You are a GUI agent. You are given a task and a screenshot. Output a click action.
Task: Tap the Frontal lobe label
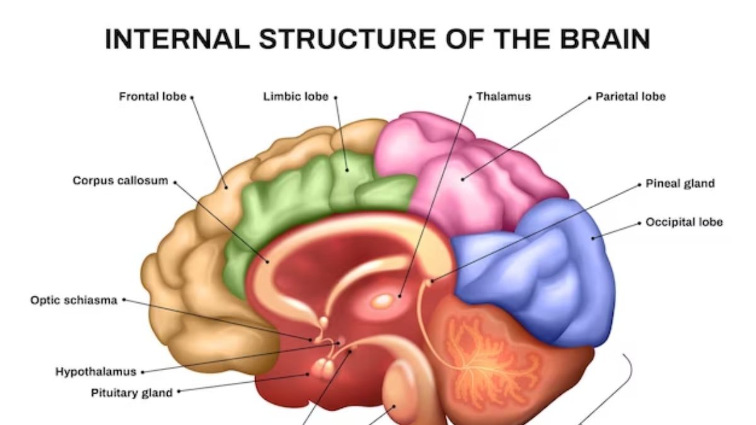click(152, 97)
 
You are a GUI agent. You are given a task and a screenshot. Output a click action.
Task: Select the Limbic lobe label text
click(295, 97)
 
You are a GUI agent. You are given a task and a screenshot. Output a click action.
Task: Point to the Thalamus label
click(503, 97)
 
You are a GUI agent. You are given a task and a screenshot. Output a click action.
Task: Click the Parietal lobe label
click(631, 97)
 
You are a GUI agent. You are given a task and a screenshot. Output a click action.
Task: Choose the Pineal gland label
click(680, 184)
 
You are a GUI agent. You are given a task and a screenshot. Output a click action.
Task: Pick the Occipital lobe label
click(684, 222)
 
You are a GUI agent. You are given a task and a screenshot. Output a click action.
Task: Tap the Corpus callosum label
click(120, 181)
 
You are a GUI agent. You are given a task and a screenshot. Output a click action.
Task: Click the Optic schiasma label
click(74, 300)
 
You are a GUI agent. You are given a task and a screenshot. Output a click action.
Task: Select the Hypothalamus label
click(96, 372)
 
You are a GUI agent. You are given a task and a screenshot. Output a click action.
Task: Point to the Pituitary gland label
click(132, 393)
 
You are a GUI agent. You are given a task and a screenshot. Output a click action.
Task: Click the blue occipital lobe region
click(542, 271)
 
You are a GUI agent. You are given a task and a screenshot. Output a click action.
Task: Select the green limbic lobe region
click(296, 195)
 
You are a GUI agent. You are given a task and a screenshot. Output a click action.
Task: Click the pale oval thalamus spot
click(382, 302)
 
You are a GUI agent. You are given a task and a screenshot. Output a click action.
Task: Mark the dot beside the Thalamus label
click(470, 97)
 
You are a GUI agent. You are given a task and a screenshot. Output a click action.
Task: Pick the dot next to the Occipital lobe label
click(639, 223)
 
